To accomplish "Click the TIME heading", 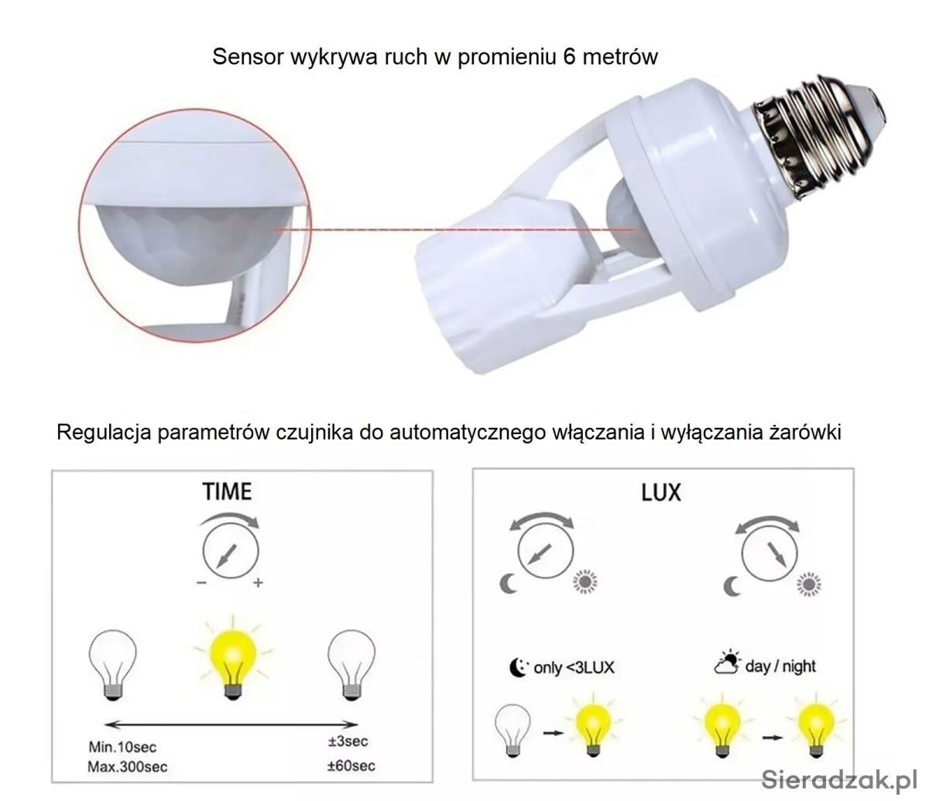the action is [x=227, y=491].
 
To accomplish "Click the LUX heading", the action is [x=661, y=492].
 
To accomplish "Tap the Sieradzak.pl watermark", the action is [x=839, y=779].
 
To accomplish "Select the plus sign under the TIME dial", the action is [x=258, y=583].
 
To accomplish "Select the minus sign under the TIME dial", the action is [x=201, y=583].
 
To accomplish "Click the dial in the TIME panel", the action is [x=231, y=551].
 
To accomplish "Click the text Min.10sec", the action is [x=122, y=747].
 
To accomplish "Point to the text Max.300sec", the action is [x=128, y=767].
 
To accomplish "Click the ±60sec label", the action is [x=351, y=765].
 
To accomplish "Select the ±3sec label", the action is [x=348, y=741].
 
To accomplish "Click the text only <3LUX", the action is [x=574, y=668].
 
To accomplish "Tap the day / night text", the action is [x=780, y=666].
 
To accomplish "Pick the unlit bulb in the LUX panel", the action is [x=512, y=731].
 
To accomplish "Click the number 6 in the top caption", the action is [x=569, y=57].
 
